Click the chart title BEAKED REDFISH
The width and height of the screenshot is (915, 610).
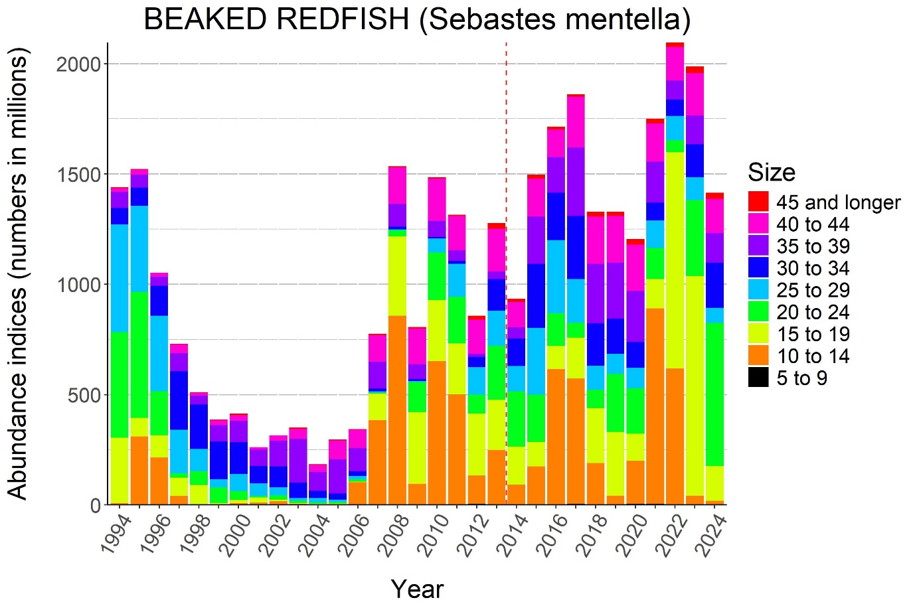pos(417,19)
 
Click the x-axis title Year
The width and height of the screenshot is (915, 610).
pos(417,589)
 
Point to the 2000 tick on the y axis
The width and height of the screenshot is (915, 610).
pos(78,64)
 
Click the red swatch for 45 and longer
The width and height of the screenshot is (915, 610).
pos(758,202)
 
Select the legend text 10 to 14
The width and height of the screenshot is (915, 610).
pos(813,356)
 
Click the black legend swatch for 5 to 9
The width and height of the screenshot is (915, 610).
pos(758,378)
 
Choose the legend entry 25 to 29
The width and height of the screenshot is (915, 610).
pos(813,291)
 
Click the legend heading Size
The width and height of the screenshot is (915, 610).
pos(771,173)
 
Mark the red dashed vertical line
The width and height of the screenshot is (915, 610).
pos(507,266)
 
